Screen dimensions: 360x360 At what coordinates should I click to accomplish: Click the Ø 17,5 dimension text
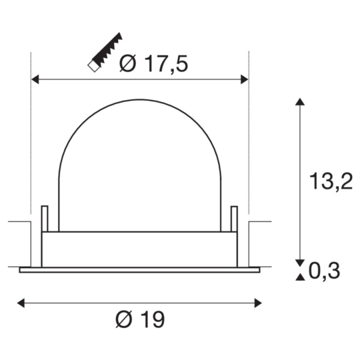pos(153,64)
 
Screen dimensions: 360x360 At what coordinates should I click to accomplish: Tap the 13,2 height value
pos(331,180)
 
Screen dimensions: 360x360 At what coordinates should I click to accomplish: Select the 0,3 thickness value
pos(326,270)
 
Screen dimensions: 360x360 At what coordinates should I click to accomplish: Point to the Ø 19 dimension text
pos(139,320)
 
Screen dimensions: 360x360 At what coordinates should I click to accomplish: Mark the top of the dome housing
pos(139,101)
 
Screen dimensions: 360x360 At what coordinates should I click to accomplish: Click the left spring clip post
pos(45,219)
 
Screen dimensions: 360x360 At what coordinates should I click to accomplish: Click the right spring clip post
pos(234,219)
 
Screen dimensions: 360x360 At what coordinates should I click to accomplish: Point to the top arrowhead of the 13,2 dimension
pos(301,103)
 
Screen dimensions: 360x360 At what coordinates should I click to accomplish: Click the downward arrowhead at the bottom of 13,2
pos(301,262)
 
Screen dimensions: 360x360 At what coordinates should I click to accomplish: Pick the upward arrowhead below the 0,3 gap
pos(301,275)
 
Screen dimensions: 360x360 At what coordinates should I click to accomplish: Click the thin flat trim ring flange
pos(139,270)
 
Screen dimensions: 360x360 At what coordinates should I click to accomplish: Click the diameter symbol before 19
pos(125,320)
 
